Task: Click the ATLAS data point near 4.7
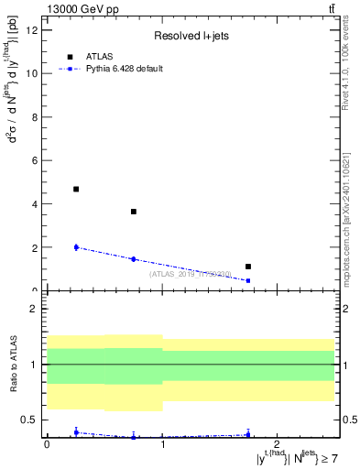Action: coord(76,189)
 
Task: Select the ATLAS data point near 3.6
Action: coord(134,212)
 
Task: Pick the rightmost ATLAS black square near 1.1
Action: coord(248,267)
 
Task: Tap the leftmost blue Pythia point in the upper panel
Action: coord(76,247)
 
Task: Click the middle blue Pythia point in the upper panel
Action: coord(134,259)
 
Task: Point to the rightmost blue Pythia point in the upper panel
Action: coord(248,280)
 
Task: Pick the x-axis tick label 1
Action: coord(162,444)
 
